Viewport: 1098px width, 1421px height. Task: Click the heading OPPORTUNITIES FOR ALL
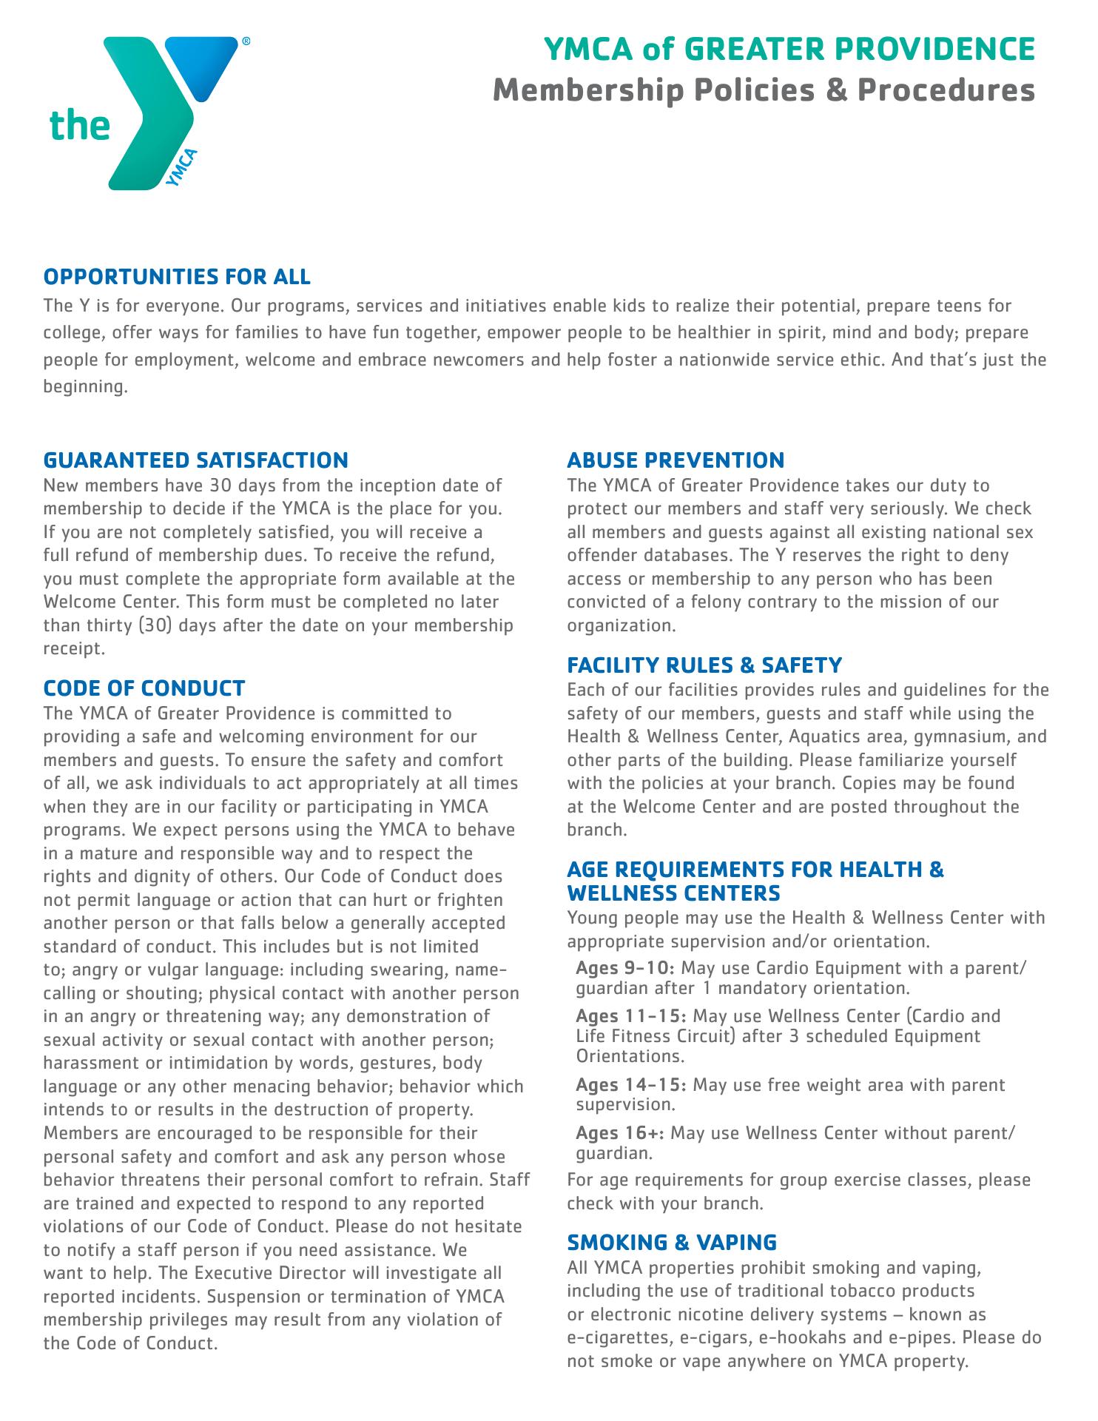click(177, 277)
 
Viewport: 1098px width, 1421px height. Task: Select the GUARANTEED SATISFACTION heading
click(195, 460)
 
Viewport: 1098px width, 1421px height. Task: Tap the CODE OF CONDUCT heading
click(144, 688)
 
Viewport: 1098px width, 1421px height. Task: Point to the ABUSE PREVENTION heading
click(675, 460)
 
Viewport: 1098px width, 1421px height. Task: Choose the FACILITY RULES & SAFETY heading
click(704, 665)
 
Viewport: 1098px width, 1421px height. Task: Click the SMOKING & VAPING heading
click(671, 1241)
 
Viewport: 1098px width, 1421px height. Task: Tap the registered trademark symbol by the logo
click(246, 42)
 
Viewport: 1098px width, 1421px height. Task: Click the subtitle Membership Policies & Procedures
click(764, 90)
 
